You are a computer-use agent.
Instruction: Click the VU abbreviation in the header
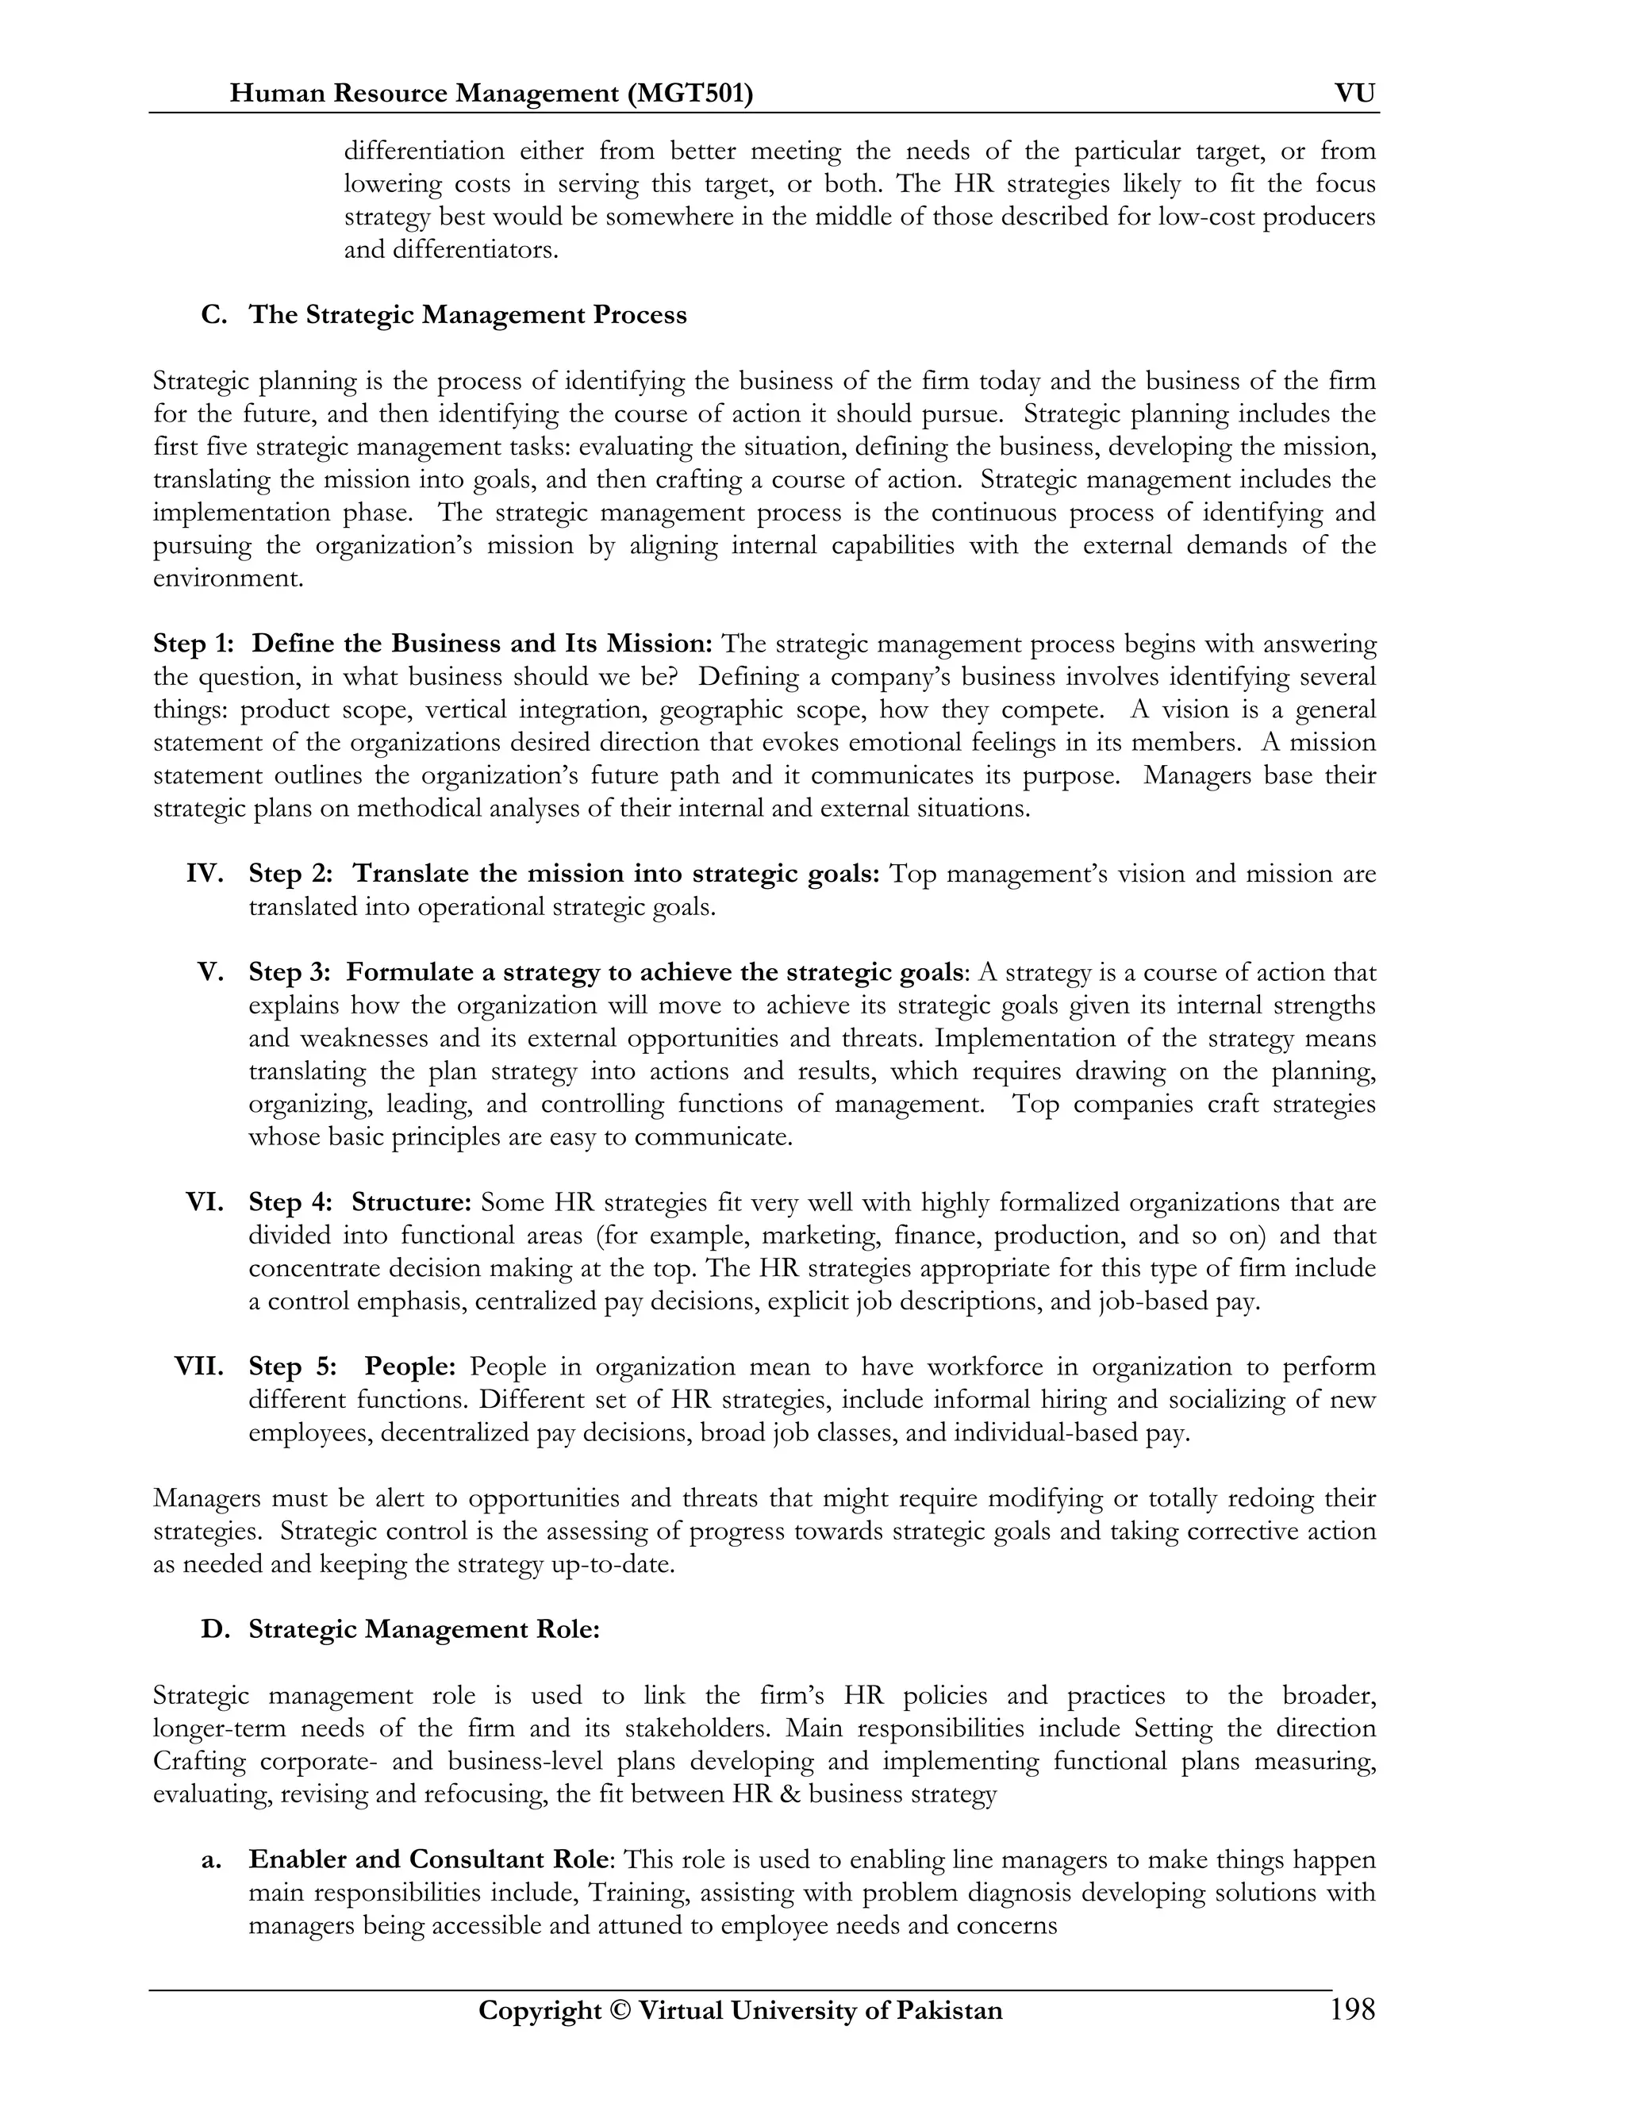click(1354, 94)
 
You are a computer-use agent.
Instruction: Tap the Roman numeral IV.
click(204, 874)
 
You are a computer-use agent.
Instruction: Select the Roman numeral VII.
click(198, 1367)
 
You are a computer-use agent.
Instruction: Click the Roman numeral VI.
click(204, 1201)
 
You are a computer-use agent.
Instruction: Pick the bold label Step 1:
click(194, 644)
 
